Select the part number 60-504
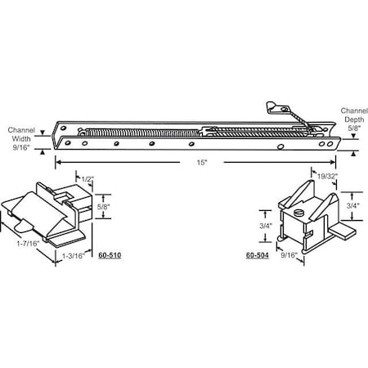click(257, 255)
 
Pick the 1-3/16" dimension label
click(75, 255)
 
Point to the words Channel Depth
click(348, 112)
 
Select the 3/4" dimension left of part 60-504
click(266, 226)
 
